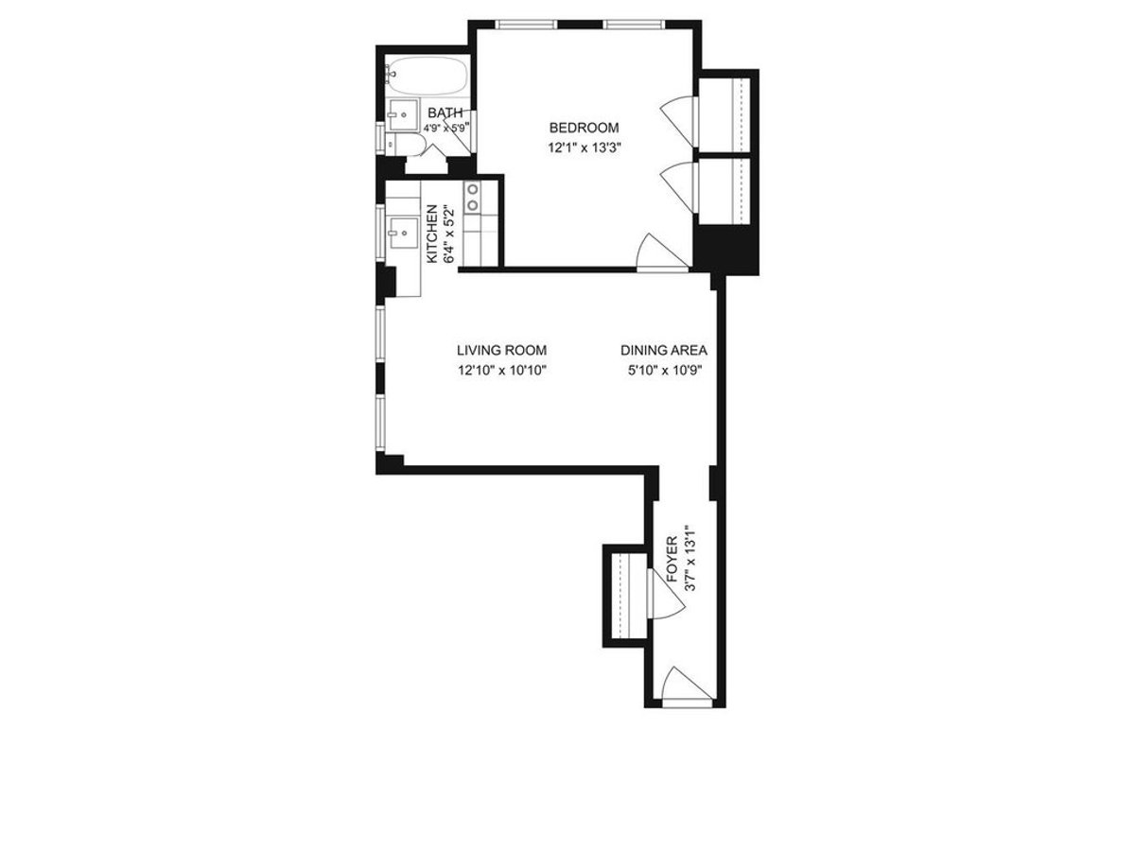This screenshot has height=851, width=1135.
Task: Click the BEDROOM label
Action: (584, 128)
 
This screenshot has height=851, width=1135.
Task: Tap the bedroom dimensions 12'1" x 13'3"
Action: (584, 148)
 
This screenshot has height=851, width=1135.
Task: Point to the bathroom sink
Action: (402, 113)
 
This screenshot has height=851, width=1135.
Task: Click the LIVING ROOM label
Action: (501, 350)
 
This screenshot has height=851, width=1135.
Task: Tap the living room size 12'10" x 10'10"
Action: (501, 371)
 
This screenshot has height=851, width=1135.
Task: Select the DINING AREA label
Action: (664, 350)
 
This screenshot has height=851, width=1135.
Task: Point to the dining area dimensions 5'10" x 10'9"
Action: (664, 371)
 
